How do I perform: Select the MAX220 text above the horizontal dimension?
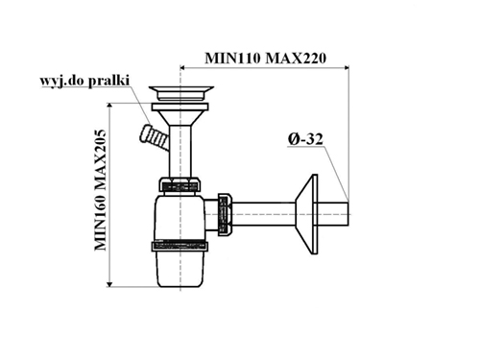pyautogui.click(x=296, y=59)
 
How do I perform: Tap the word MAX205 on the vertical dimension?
pyautogui.click(x=101, y=158)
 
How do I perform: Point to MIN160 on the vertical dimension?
pyautogui.click(x=101, y=222)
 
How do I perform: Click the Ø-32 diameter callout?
pyautogui.click(x=305, y=139)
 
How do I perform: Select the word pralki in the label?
pyautogui.click(x=108, y=81)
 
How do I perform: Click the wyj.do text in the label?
pyautogui.click(x=62, y=81)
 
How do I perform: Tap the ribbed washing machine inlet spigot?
pyautogui.click(x=154, y=137)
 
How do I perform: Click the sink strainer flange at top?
pyautogui.click(x=181, y=93)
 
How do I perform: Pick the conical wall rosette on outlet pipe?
pyautogui.click(x=306, y=214)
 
